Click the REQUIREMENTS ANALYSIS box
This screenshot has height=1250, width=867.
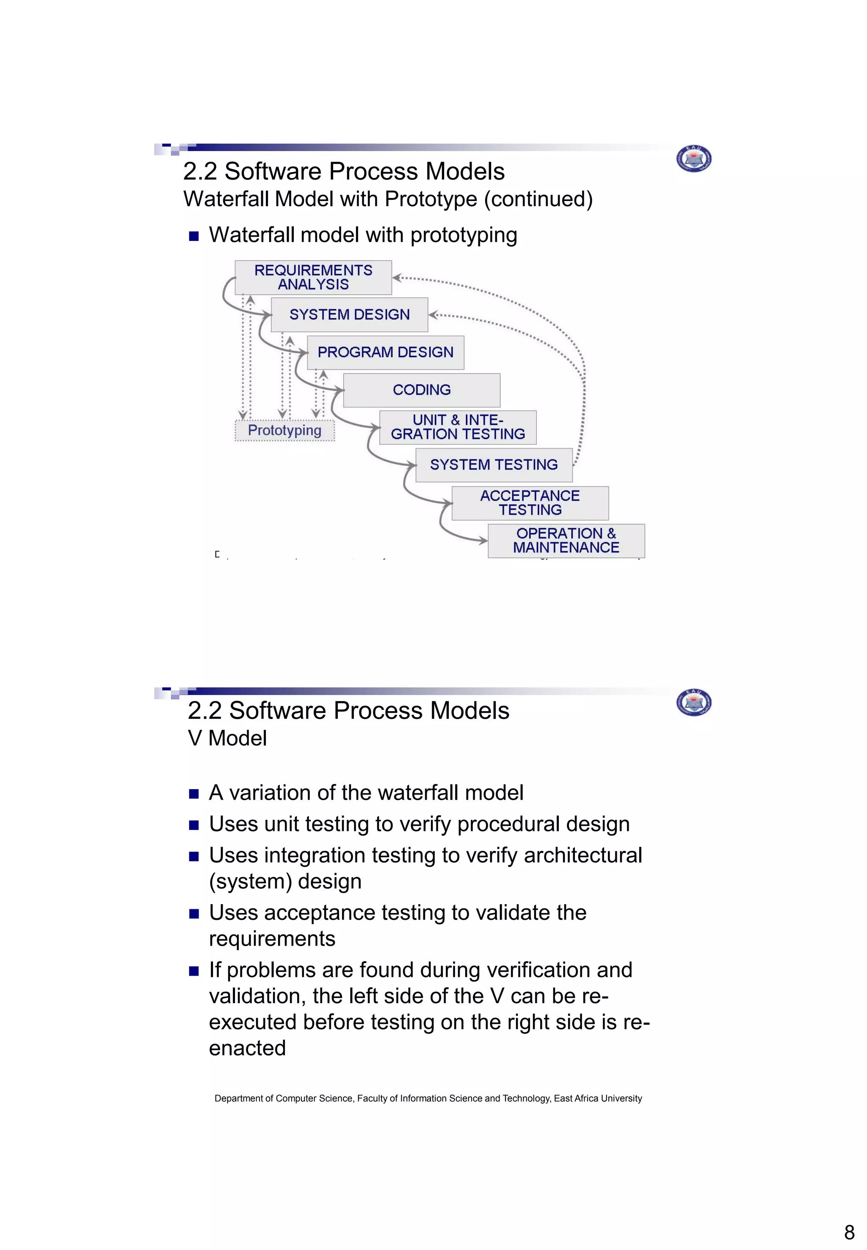point(313,278)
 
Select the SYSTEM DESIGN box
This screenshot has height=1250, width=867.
point(349,315)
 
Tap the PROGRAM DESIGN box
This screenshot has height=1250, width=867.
point(385,353)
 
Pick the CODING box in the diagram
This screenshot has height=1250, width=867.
point(422,390)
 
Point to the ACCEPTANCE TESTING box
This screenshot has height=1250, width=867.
point(530,503)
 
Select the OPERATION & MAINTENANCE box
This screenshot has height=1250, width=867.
point(566,541)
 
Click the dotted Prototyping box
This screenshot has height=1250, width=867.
point(284,430)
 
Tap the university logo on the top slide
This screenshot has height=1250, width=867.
point(694,159)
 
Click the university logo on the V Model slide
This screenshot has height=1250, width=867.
point(694,702)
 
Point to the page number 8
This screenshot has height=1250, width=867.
point(849,1232)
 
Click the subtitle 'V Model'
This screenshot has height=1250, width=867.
point(227,738)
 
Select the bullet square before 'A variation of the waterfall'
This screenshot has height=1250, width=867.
point(194,794)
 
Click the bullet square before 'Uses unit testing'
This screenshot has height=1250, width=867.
point(194,825)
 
